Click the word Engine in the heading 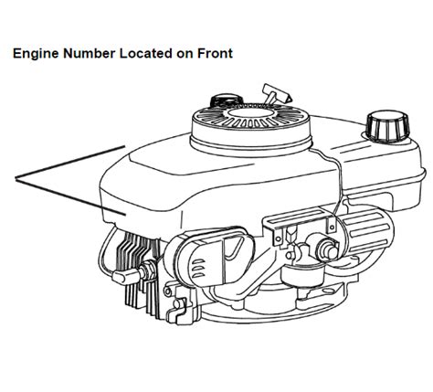34,54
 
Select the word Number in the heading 87,54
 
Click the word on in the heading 185,54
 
